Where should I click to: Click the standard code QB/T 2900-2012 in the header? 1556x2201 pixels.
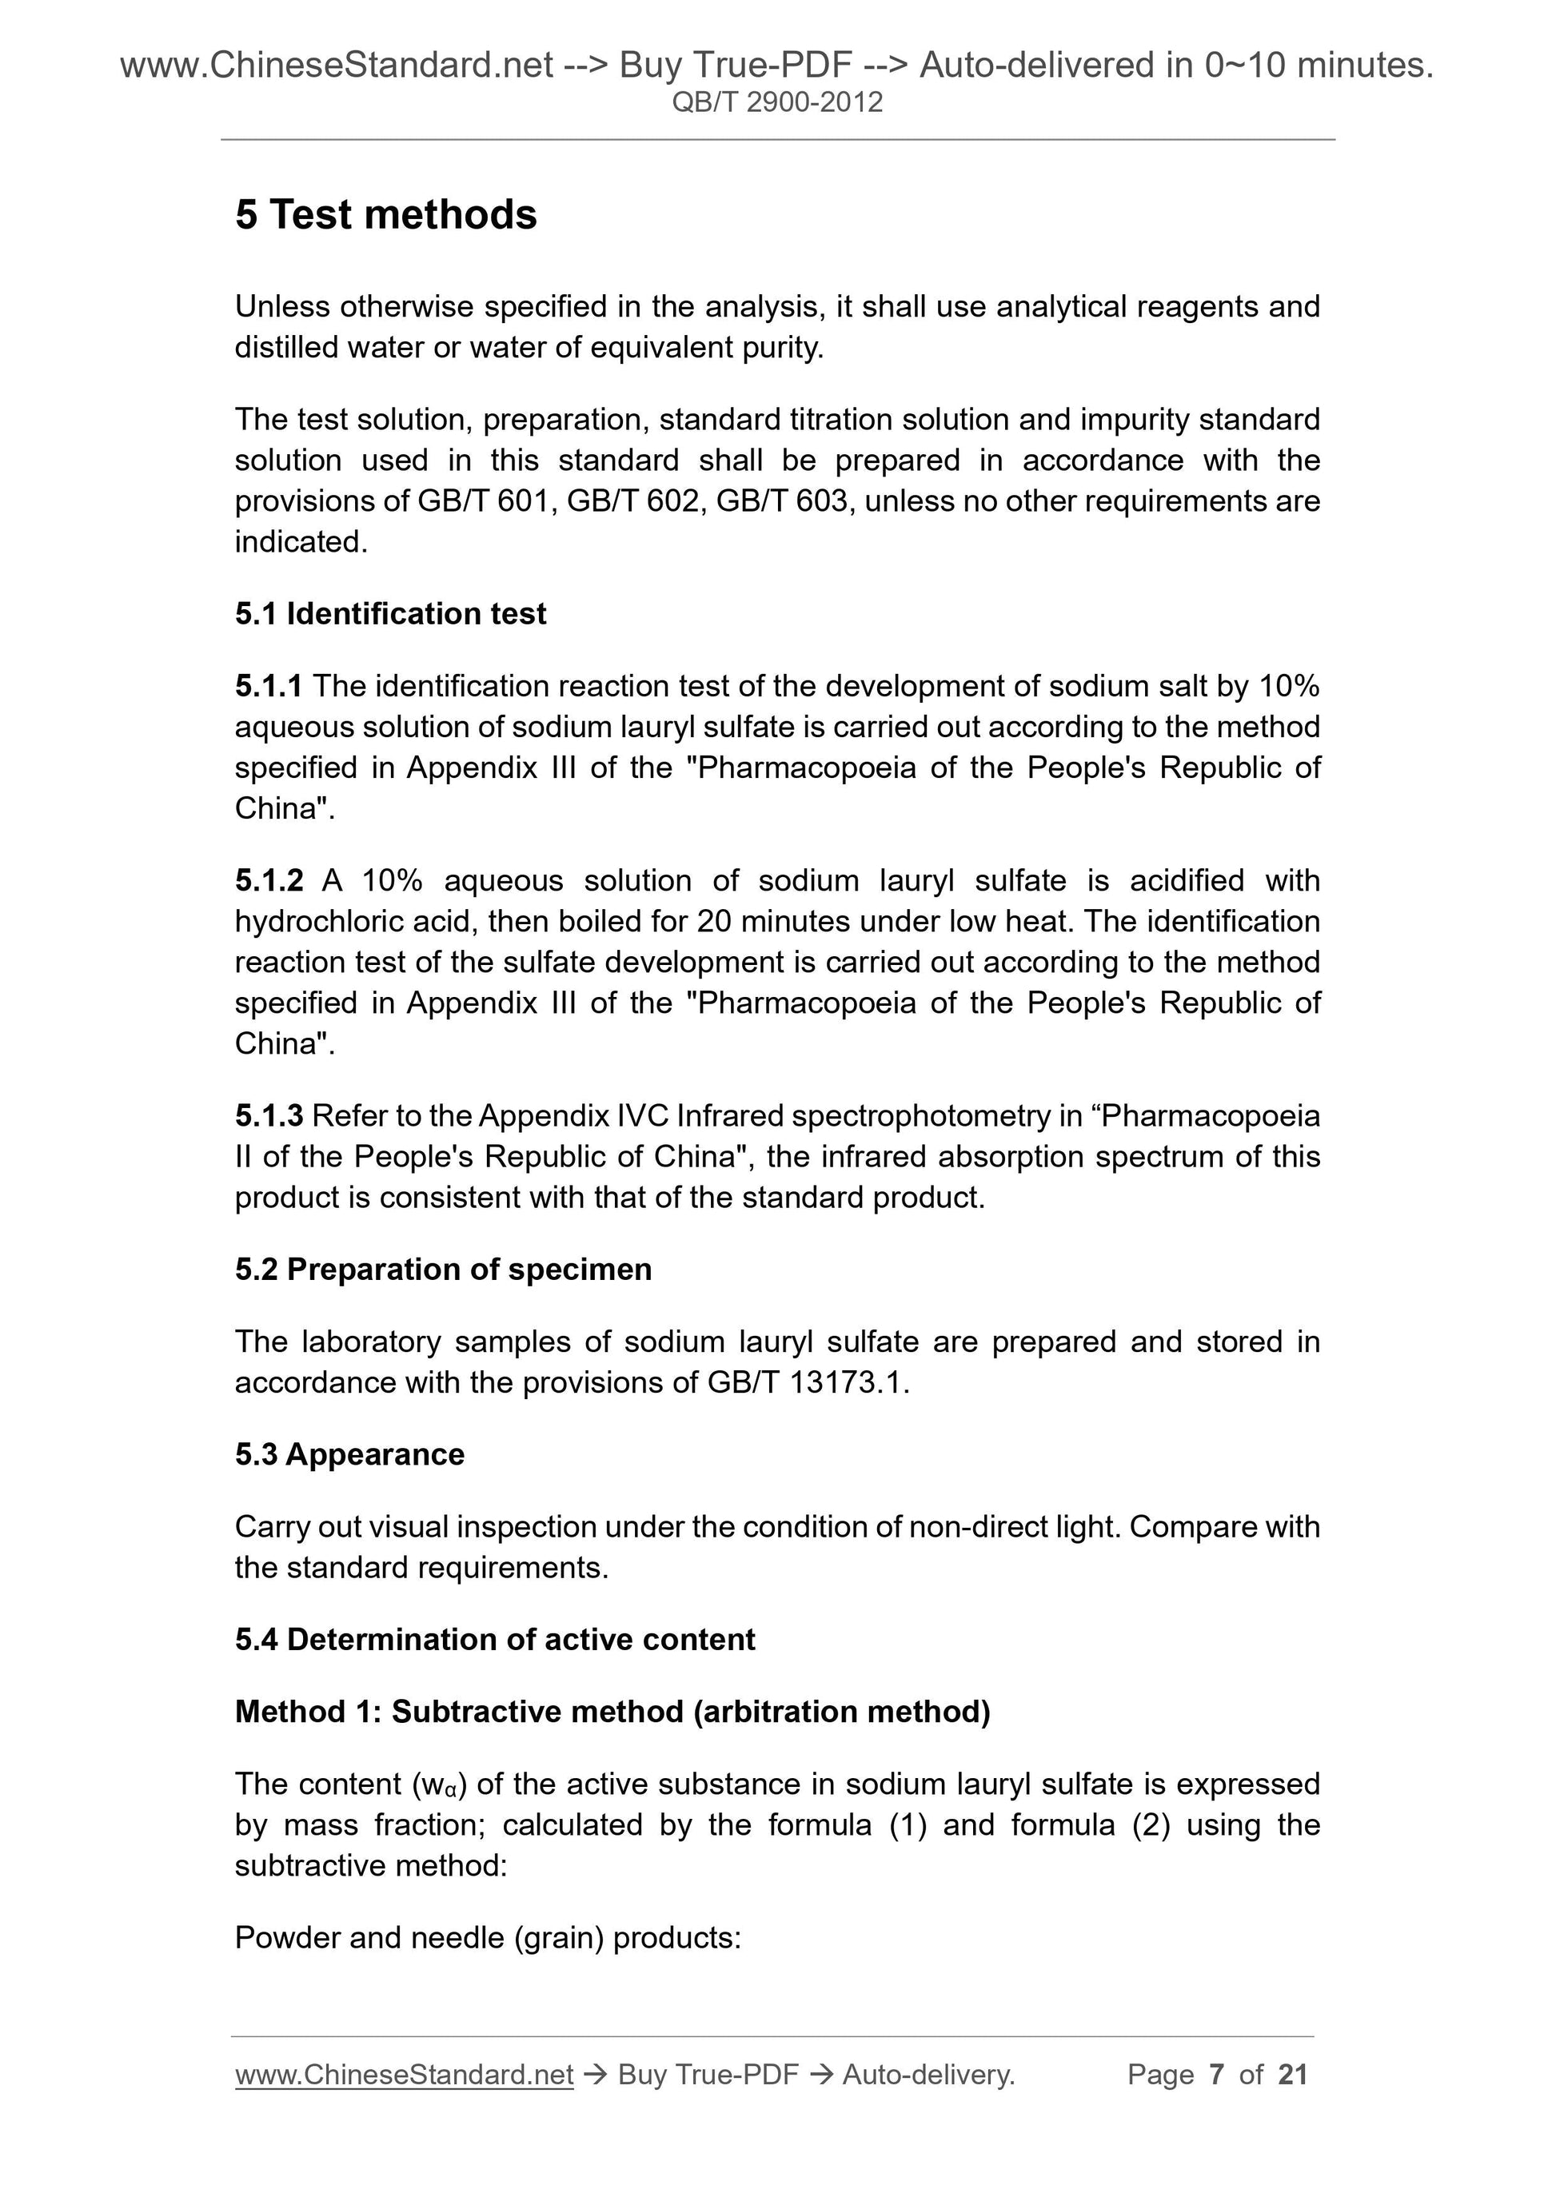click(x=776, y=102)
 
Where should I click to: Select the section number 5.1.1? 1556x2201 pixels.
click(x=269, y=687)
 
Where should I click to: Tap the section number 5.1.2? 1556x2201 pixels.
click(x=269, y=880)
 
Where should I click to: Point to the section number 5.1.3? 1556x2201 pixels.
click(x=269, y=1116)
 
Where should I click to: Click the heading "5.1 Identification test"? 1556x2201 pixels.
click(x=390, y=613)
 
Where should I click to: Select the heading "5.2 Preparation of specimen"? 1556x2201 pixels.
click(x=443, y=1270)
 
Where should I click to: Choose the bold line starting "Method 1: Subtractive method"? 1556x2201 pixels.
click(x=612, y=1711)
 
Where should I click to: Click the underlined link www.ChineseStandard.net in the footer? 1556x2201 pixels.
click(x=404, y=2075)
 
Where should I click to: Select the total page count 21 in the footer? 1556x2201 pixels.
click(x=1293, y=2075)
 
